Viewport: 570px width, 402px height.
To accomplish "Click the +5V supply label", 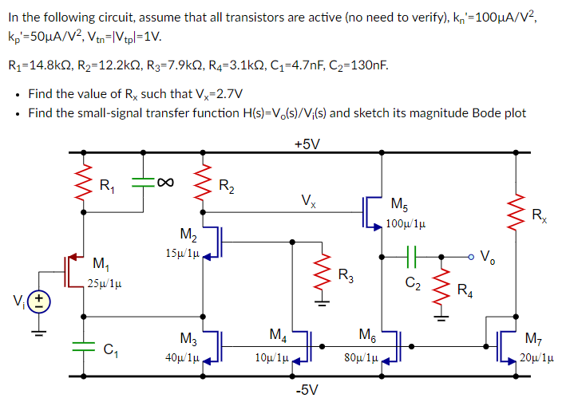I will (x=307, y=144).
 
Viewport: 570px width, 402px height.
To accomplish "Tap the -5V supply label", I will (x=307, y=389).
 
